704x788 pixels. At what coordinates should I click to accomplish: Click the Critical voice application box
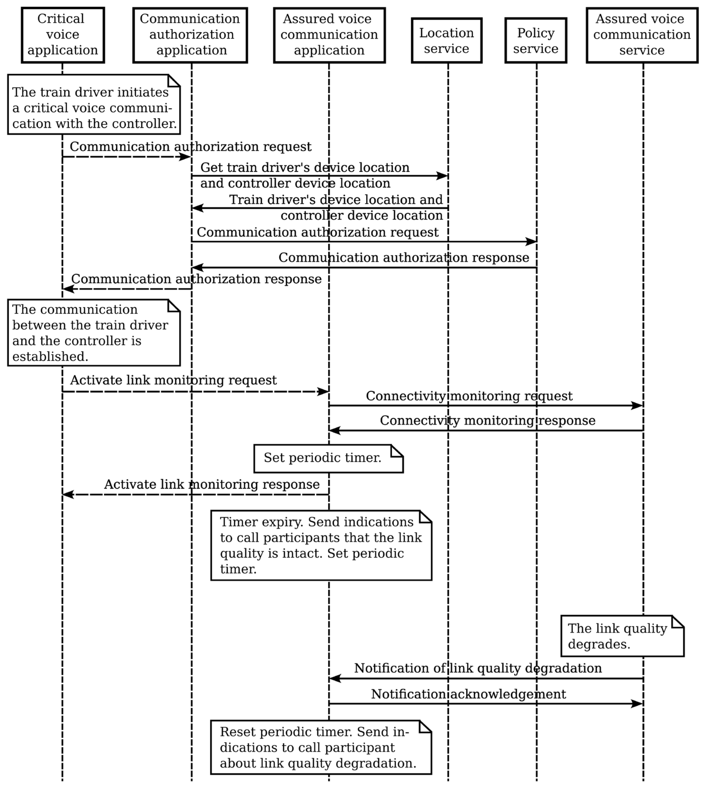pyautogui.click(x=63, y=35)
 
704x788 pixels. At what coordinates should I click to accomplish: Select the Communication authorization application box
pyautogui.click(x=190, y=35)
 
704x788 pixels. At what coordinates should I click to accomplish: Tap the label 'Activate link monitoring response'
pyautogui.click(x=212, y=484)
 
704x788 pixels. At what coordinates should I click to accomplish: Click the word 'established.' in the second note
pyautogui.click(x=50, y=356)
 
